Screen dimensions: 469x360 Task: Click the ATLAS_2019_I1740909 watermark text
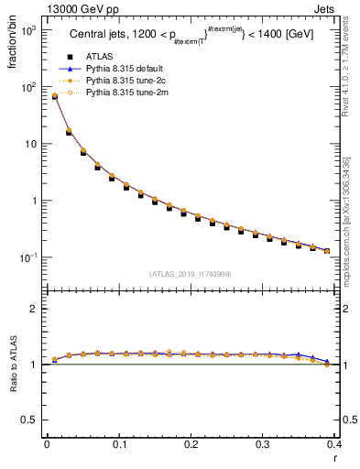click(x=191, y=274)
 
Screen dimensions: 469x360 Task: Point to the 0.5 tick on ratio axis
click(x=31, y=420)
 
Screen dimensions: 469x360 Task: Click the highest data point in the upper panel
click(x=55, y=96)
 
